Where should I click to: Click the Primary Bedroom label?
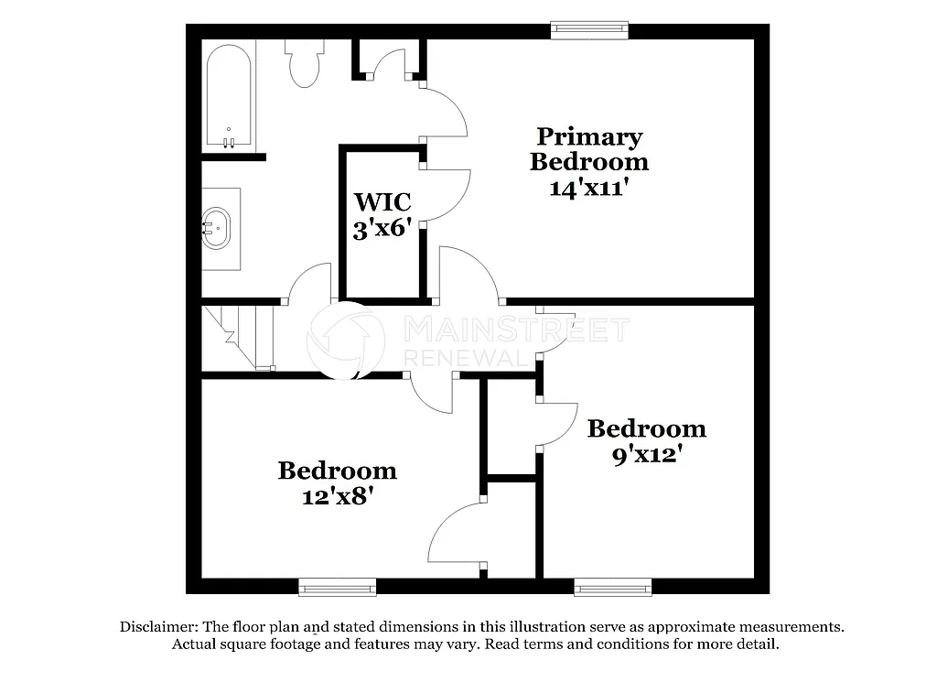[x=589, y=149]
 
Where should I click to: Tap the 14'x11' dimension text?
[x=589, y=188]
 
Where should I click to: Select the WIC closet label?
[x=382, y=201]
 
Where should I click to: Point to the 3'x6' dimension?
[x=382, y=229]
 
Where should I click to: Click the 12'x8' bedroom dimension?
[x=337, y=496]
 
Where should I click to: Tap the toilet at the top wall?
[x=303, y=62]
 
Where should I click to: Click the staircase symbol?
[x=239, y=337]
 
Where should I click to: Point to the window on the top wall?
[x=590, y=31]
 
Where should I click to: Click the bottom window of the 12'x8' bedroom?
[x=337, y=586]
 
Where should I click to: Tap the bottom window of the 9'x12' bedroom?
[x=613, y=586]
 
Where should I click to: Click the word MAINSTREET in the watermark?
[x=516, y=330]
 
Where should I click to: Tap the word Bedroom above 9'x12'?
[x=646, y=428]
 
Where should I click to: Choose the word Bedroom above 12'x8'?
[x=337, y=471]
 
